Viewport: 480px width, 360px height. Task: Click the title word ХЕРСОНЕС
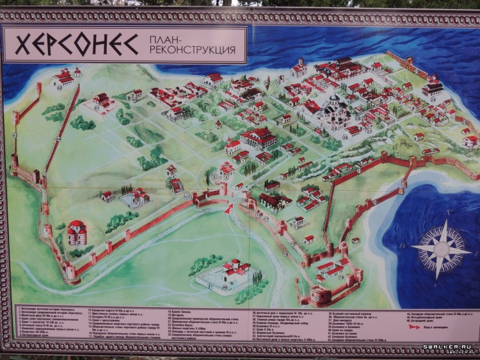77,44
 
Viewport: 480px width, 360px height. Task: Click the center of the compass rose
441,250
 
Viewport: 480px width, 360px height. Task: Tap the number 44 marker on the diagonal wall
58,138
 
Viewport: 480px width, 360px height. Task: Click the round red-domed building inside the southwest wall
76,234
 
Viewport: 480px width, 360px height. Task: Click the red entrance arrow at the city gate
228,208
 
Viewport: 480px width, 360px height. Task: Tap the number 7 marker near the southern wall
187,194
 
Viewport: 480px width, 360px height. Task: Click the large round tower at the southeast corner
321,295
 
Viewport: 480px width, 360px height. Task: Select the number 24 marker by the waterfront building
433,99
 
